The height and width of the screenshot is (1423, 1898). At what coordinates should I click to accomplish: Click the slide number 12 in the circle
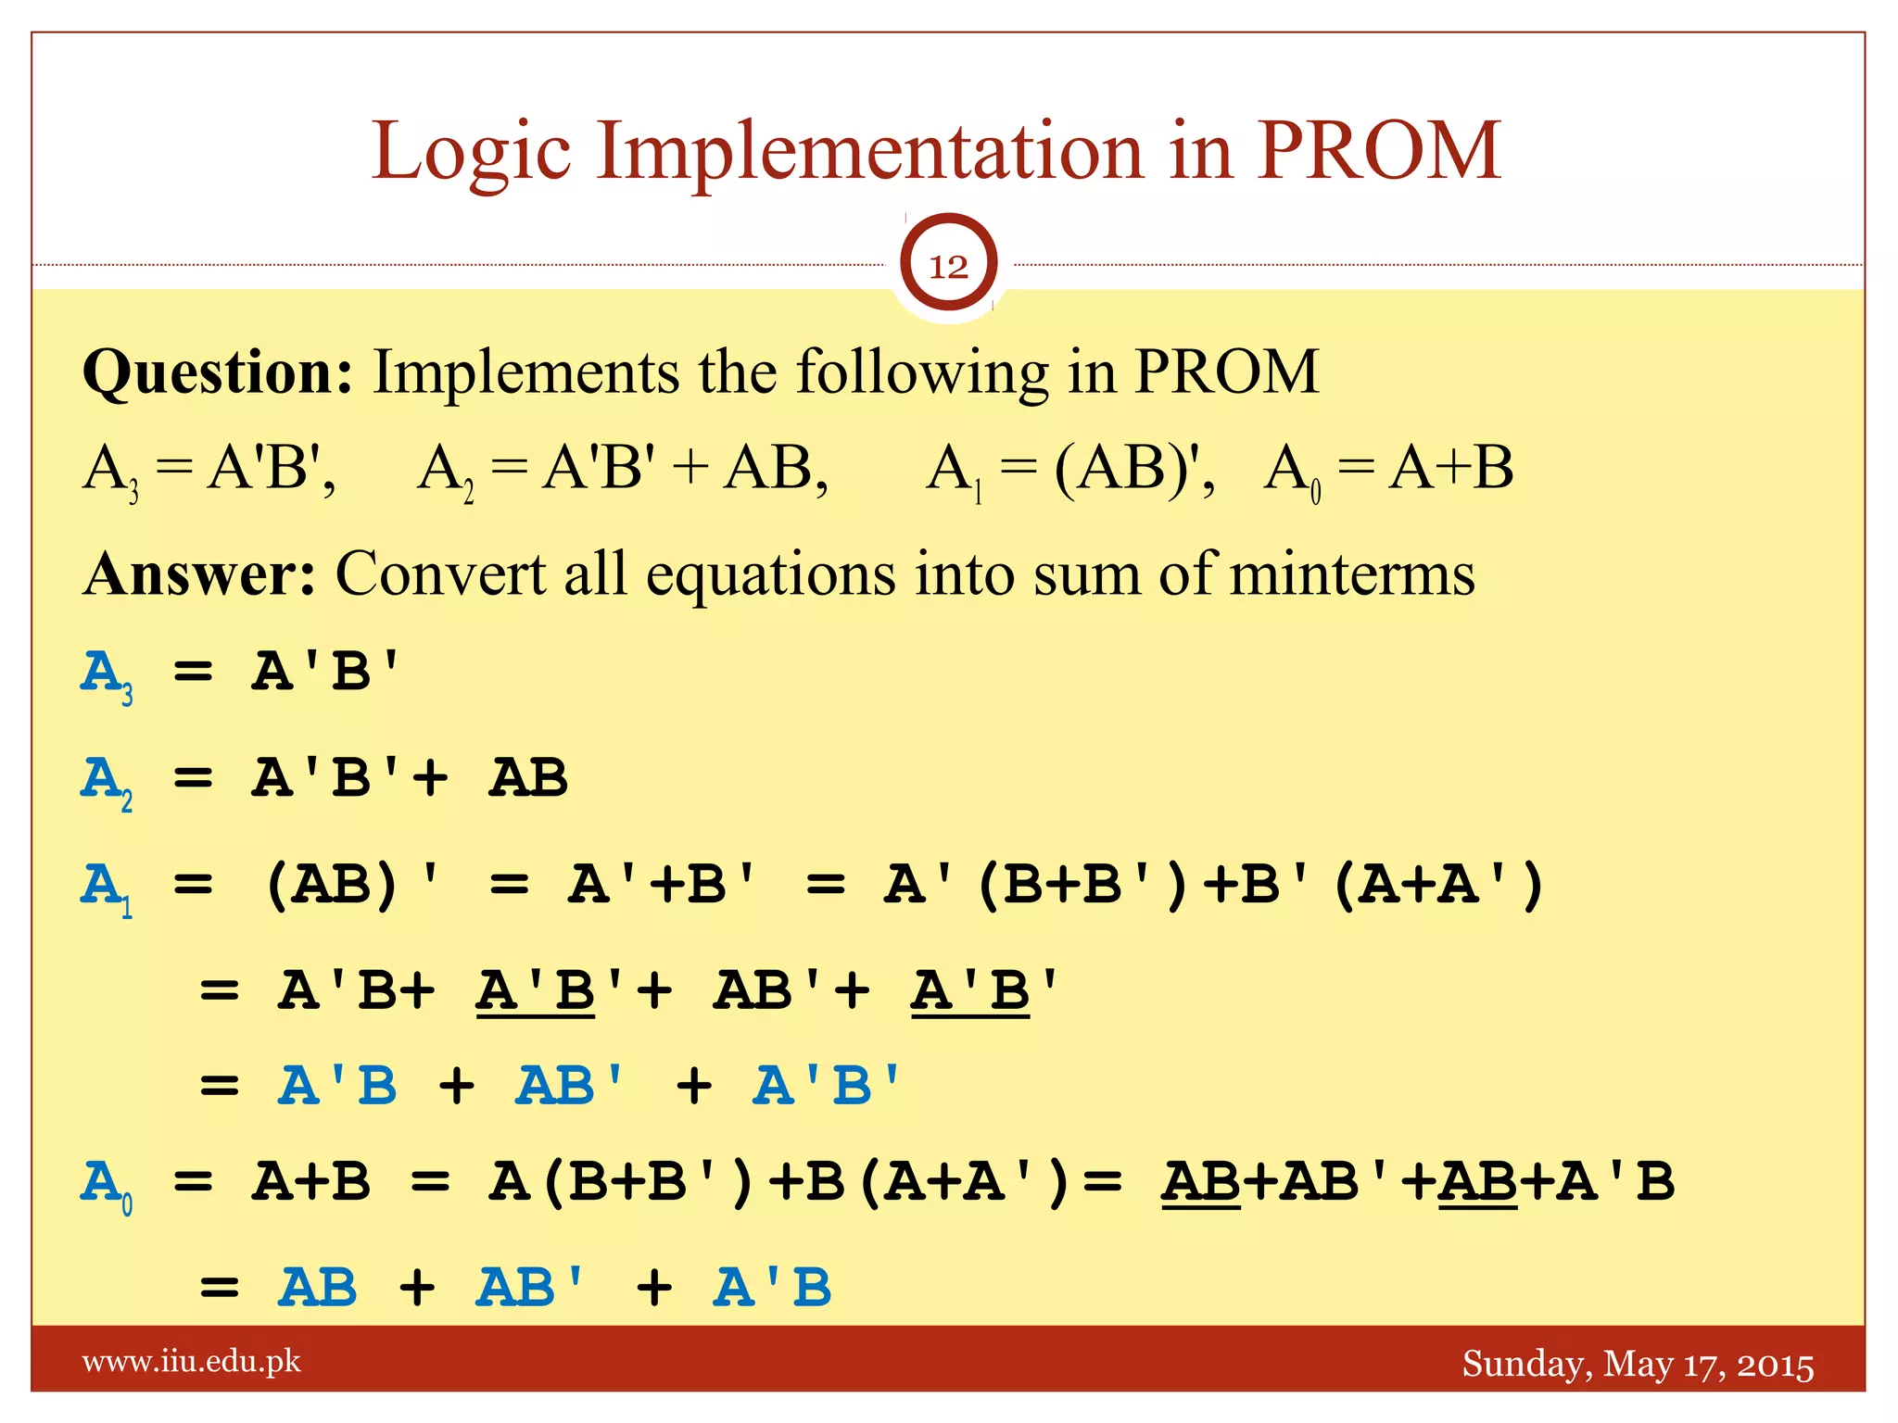click(x=948, y=267)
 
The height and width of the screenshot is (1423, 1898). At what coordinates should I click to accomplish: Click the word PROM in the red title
click(x=1378, y=150)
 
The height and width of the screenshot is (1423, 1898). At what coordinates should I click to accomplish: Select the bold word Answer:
click(x=200, y=574)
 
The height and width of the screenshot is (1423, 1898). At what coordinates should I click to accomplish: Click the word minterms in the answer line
click(x=1352, y=574)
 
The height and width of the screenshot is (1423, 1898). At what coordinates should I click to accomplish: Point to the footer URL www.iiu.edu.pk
click(x=192, y=1362)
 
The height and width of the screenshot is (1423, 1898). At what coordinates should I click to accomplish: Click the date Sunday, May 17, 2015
click(x=1638, y=1365)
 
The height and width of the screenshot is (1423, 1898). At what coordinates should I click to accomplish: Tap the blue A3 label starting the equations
click(x=106, y=676)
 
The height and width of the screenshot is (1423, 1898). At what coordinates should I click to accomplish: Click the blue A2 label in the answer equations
click(x=106, y=782)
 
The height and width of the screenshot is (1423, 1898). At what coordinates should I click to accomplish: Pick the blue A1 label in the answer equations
click(x=106, y=888)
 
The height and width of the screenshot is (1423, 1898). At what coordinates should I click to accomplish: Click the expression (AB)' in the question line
click(x=1132, y=468)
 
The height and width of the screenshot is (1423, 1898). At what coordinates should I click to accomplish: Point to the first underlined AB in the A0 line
click(x=1201, y=1182)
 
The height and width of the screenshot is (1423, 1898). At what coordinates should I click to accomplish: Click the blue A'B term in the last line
click(x=772, y=1288)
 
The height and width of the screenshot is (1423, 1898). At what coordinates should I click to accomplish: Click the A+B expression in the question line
click(x=1450, y=468)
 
